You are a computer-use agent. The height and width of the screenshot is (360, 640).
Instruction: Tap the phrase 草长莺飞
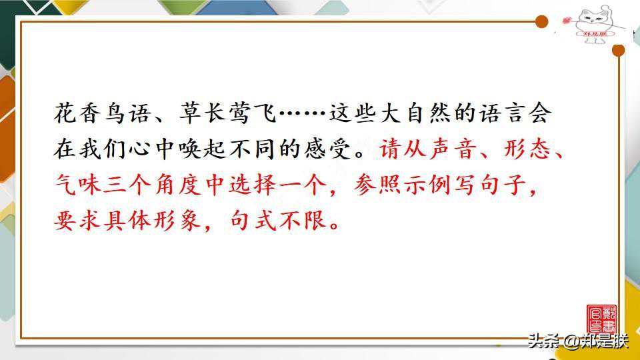tap(228, 113)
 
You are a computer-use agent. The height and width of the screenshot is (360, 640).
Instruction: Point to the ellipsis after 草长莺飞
tap(303, 113)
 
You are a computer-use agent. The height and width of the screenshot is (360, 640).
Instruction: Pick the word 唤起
tap(203, 149)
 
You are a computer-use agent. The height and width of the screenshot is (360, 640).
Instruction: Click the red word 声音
tap(453, 149)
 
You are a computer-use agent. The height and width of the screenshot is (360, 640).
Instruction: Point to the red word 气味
tap(77, 185)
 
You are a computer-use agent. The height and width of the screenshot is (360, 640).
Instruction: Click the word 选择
tap(253, 185)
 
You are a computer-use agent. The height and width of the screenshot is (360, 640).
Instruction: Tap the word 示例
tap(428, 185)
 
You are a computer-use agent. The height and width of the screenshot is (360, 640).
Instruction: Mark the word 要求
tap(77, 221)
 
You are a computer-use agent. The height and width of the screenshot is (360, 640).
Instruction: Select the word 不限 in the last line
tap(303, 221)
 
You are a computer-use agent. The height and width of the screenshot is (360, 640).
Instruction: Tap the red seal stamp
tap(601, 319)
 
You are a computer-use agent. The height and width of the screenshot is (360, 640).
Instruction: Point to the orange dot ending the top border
tap(541, 21)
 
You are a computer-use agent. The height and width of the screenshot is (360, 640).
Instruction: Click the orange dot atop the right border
tap(619, 50)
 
